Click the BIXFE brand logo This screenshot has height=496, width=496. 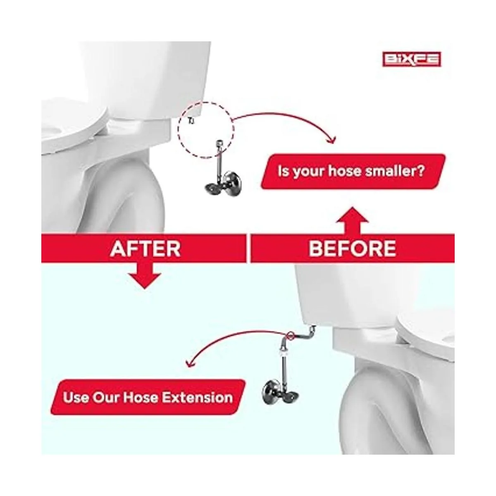click(411, 59)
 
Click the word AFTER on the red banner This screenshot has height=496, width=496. click(145, 249)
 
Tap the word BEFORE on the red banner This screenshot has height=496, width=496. click(352, 249)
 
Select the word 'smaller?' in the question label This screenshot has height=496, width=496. click(395, 171)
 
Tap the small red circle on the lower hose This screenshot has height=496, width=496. click(290, 335)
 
